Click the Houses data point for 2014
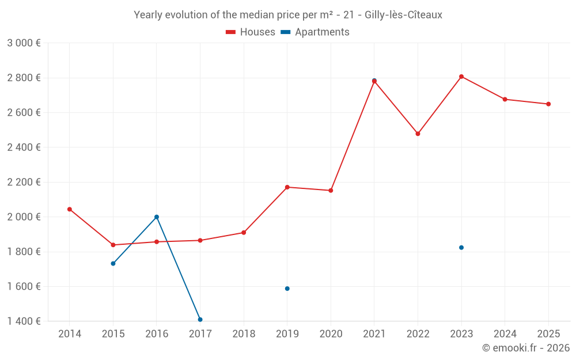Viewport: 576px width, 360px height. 70,209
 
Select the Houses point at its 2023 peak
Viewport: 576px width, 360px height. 461,77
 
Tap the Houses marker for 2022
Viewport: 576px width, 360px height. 418,134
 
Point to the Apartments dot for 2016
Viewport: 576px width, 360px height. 157,217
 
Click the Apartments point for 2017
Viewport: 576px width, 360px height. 200,319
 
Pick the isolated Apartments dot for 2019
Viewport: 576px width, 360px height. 287,289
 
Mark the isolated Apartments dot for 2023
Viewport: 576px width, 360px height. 461,248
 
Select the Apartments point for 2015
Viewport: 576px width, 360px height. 113,263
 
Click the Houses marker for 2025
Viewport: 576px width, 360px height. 548,104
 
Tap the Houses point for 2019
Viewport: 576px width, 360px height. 287,187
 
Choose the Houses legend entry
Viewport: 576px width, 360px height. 251,32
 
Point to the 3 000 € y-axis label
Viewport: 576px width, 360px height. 24,43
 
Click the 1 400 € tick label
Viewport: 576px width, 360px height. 24,321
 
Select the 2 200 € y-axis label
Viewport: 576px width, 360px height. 24,182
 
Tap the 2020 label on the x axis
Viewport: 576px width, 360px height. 331,334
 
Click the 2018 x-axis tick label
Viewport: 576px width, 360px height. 244,334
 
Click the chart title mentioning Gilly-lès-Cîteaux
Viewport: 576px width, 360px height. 288,15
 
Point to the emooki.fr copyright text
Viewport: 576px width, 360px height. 525,348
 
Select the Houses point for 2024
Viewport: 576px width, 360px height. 505,99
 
